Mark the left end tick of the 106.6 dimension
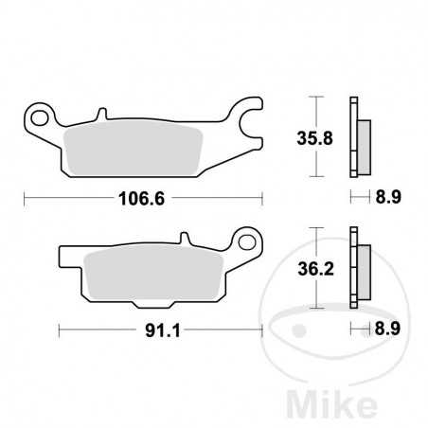(24, 199)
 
